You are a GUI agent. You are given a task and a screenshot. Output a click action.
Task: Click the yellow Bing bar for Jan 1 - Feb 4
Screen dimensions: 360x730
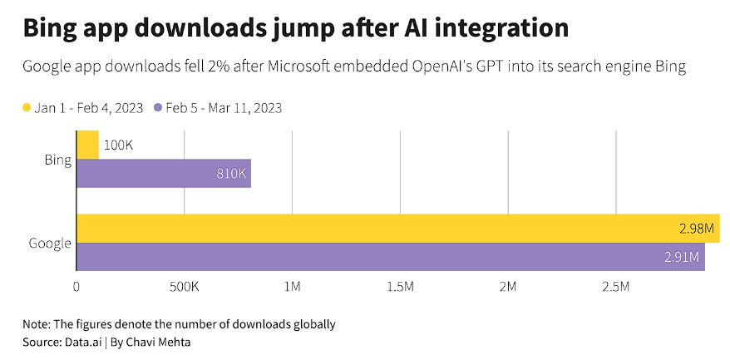pos(87,145)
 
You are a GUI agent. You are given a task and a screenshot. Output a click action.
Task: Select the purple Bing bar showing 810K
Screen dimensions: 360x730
pos(163,174)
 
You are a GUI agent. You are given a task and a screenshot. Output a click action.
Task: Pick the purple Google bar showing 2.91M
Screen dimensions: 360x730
pos(391,256)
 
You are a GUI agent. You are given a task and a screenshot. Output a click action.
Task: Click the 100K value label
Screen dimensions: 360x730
pos(119,145)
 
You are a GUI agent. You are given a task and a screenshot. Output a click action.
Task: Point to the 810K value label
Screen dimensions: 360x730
pos(230,175)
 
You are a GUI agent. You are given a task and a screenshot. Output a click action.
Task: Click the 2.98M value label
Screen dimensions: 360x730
pos(696,229)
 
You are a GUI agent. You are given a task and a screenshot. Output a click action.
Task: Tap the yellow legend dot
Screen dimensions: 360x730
pos(27,108)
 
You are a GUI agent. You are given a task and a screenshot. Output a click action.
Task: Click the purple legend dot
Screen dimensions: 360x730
pos(157,108)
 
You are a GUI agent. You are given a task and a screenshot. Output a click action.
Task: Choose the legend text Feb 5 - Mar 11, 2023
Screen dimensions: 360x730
pos(223,108)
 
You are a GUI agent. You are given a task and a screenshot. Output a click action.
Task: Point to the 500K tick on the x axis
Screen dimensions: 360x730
pos(183,287)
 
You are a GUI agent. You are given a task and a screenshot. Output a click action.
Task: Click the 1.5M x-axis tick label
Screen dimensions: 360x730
pos(400,287)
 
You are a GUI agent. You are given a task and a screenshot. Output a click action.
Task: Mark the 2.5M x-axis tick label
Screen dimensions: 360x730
pos(615,287)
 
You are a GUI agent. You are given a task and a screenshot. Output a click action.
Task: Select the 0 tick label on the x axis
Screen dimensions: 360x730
pos(76,287)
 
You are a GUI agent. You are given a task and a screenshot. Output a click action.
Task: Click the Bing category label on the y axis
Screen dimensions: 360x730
pos(57,159)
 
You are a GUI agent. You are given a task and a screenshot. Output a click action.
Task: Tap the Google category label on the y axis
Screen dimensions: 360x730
pos(50,243)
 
